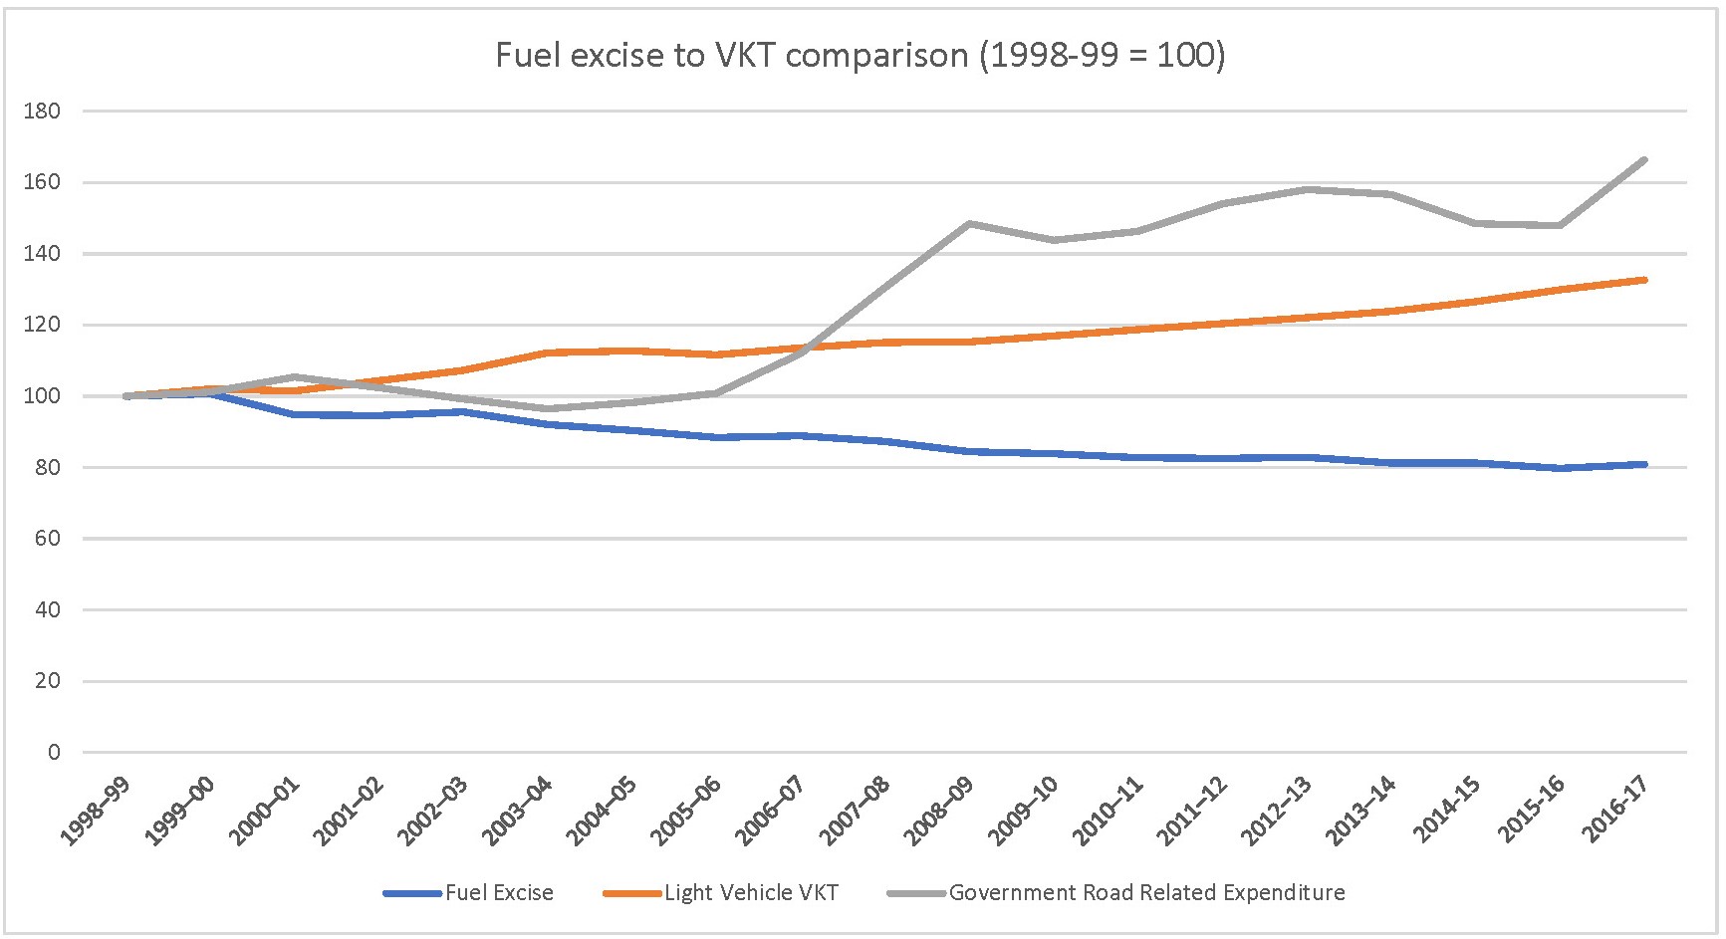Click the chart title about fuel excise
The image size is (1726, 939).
coord(861,54)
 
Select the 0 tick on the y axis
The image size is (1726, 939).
coord(55,753)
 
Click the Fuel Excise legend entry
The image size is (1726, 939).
coord(499,893)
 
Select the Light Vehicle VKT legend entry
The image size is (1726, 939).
coord(751,893)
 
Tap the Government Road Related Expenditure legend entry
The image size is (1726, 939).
coord(1146,893)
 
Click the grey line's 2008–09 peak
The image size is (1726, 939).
coord(969,223)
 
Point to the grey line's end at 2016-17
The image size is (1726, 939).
coord(1644,159)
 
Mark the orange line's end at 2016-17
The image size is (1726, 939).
coord(1644,280)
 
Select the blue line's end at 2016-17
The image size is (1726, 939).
coord(1644,464)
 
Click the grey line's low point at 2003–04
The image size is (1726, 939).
coord(547,408)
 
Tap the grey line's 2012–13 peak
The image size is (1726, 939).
coord(1307,189)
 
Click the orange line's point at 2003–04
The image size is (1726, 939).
coord(547,352)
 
